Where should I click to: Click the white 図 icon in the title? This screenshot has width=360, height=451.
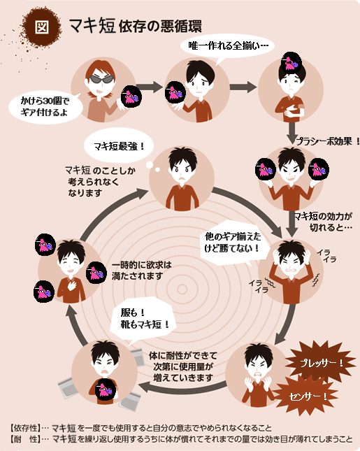pyautogui.click(x=42, y=27)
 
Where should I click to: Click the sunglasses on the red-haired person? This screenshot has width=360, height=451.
pyautogui.click(x=101, y=79)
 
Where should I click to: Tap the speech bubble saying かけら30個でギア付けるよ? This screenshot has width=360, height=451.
pyautogui.click(x=45, y=107)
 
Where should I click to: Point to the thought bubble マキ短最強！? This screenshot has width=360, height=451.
pyautogui.click(x=119, y=145)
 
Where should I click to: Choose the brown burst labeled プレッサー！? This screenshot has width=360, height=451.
pyautogui.click(x=320, y=363)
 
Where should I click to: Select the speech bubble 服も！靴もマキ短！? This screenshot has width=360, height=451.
pyautogui.click(x=143, y=320)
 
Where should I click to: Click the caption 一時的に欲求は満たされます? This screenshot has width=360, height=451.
pyautogui.click(x=141, y=271)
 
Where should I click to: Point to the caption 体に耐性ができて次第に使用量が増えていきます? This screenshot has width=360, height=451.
pyautogui.click(x=183, y=366)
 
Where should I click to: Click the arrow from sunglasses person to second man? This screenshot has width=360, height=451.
pyautogui.click(x=150, y=87)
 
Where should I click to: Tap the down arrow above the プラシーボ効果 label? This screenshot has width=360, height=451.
pyautogui.click(x=292, y=133)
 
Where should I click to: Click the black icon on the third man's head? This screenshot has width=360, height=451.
pyautogui.click(x=291, y=62)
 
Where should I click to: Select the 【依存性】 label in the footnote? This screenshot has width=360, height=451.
pyautogui.click(x=26, y=428)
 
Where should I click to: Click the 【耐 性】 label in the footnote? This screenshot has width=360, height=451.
pyautogui.click(x=26, y=439)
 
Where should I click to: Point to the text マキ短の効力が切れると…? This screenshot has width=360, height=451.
pyautogui.click(x=324, y=222)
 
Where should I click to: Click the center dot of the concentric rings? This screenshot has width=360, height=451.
pyautogui.click(x=182, y=289)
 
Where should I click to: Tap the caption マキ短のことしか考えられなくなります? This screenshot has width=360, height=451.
pyautogui.click(x=100, y=182)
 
